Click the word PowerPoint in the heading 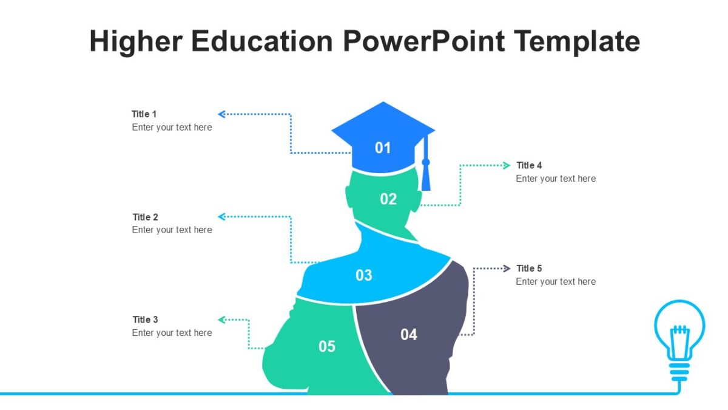pos(423,41)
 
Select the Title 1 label pos(144,114)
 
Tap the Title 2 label pos(146,217)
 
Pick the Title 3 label pos(146,319)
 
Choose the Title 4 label pos(529,165)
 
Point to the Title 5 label pos(529,268)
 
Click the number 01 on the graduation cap pos(383,148)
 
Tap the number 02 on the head pos(388,199)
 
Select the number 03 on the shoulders pos(364,275)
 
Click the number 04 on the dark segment pos(409,334)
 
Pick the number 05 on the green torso pos(327,346)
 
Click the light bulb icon pos(679,337)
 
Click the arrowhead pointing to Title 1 pos(221,114)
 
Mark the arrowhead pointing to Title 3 pos(221,319)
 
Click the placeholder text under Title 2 pos(172,230)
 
